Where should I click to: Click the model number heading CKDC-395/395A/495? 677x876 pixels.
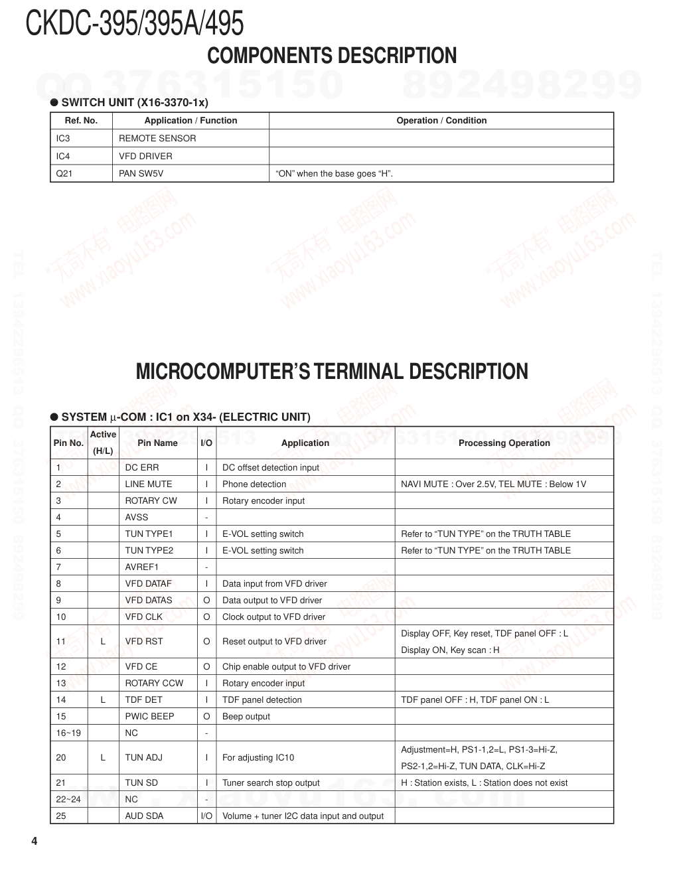coord(135,23)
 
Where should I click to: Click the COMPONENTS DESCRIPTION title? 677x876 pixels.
coord(332,56)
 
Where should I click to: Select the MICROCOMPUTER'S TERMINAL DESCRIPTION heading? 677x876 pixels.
coord(332,372)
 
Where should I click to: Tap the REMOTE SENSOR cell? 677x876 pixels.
coord(157,139)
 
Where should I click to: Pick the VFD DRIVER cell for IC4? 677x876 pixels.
coord(145,157)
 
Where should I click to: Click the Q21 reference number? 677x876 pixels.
coord(64,174)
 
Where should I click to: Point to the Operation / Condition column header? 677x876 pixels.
coord(441,121)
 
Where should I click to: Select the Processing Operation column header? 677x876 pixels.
coord(504,443)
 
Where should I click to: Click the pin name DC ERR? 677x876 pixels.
coord(142,468)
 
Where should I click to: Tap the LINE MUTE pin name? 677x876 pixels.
coord(149,484)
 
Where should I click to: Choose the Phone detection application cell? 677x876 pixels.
coord(254,484)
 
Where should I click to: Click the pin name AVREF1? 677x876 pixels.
coord(142,567)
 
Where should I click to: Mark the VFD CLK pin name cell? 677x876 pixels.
coord(144,617)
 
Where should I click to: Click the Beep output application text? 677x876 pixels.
coord(246,717)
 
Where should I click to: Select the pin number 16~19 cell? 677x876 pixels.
coord(68,733)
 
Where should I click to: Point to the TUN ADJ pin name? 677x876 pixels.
coord(144,758)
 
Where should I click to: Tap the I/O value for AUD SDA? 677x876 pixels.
coord(206,816)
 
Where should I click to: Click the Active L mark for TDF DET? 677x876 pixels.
coord(103,700)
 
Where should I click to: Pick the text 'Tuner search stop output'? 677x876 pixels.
coord(271,783)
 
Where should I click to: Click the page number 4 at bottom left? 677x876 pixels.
coord(35,842)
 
